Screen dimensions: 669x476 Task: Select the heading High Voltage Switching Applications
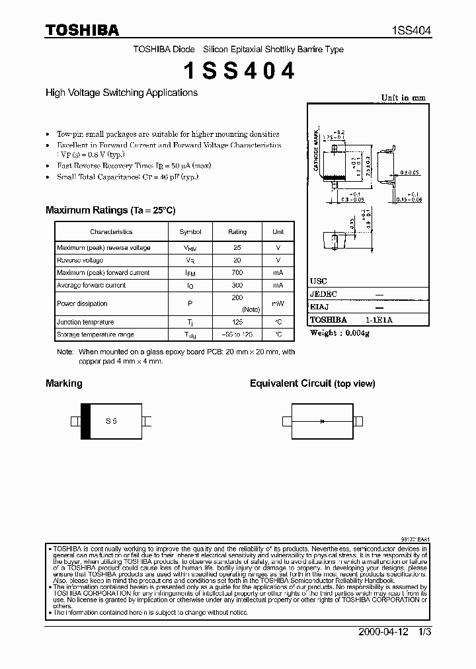coord(122,93)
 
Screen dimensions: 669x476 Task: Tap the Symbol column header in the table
coord(190,232)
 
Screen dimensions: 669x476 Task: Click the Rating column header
coord(237,232)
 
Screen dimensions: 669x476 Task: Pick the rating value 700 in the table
coord(237,272)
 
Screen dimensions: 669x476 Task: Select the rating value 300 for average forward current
coord(237,285)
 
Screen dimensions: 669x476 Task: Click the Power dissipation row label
coord(82,303)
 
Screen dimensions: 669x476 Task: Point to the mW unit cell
coord(278,303)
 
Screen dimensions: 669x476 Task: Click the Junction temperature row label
coord(85,322)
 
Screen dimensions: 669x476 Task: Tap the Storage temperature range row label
coord(95,334)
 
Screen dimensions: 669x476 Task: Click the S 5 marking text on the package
coord(111,421)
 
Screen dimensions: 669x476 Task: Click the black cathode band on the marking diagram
coord(86,421)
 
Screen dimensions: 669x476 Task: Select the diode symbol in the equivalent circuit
coord(322,421)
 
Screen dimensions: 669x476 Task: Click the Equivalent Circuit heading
coord(312,383)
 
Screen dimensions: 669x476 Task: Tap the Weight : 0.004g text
coord(339,333)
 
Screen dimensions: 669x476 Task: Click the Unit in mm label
coord(403,98)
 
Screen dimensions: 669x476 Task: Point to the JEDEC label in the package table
coord(324,294)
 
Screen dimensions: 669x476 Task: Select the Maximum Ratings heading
coord(110,210)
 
